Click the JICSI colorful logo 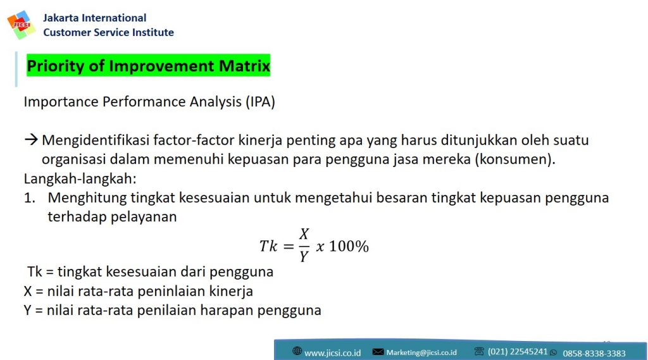21,25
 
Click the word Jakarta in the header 61,18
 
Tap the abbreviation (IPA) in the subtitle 260,102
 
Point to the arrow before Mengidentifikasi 31,140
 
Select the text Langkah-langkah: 80,178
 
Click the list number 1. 29,197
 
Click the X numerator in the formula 304,234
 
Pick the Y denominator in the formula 304,257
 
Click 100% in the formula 349,246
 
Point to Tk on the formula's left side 268,246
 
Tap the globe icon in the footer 297,351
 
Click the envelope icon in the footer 378,352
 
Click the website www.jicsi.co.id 332,353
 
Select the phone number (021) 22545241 518,352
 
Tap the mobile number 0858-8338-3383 594,354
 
